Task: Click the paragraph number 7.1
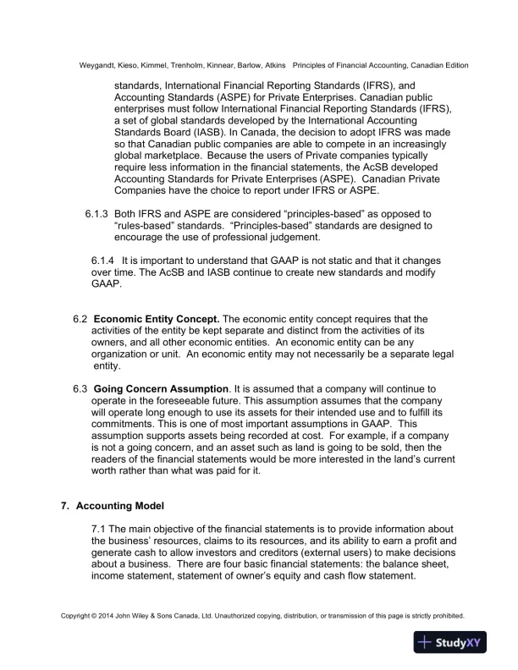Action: click(100, 530)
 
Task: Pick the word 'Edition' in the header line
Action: click(453, 65)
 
